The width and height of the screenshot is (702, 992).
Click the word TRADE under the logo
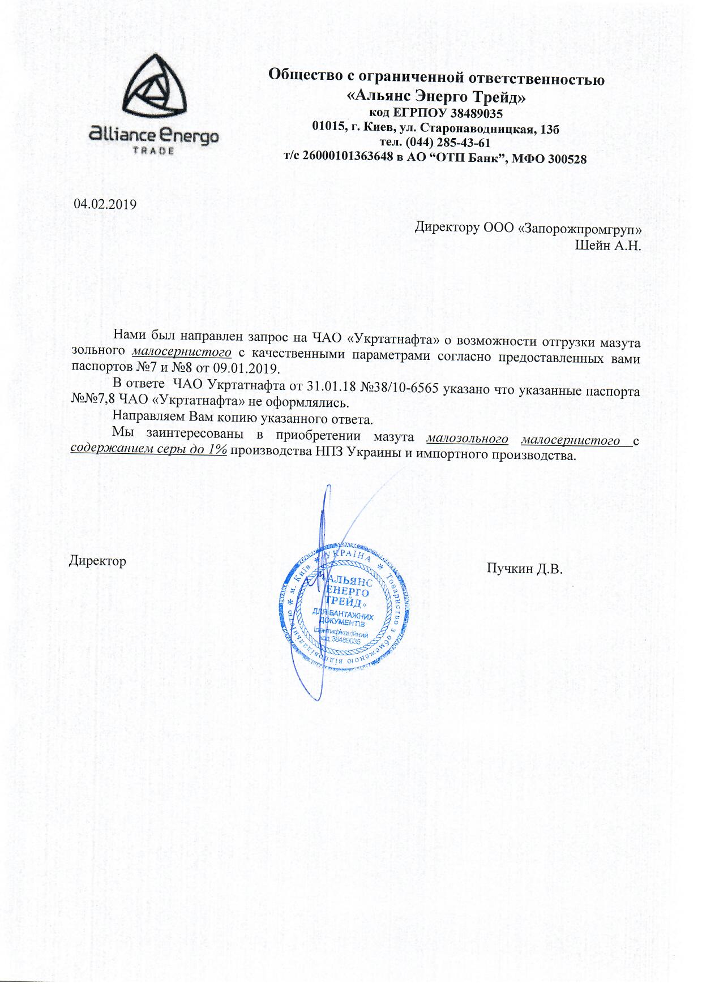point(153,151)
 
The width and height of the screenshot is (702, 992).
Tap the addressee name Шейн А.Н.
point(607,246)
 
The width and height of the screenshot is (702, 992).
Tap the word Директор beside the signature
point(97,561)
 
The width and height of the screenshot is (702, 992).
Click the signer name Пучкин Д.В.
point(524,568)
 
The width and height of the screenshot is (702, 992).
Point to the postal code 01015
point(328,128)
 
